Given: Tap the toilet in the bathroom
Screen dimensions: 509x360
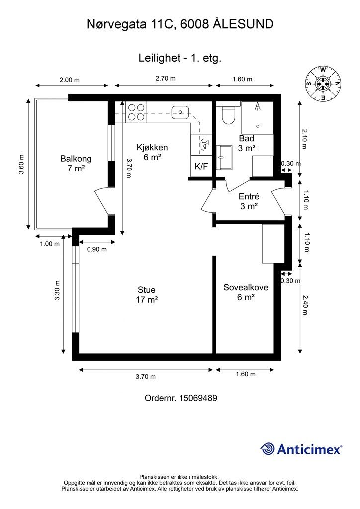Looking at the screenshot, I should [x=229, y=115].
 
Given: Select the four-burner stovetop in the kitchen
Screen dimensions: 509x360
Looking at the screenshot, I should [x=135, y=112].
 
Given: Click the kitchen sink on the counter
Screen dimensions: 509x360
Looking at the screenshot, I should [x=180, y=112].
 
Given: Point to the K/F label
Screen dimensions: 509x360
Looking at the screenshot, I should [x=201, y=167].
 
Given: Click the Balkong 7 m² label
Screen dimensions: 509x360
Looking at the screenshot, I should [x=76, y=164].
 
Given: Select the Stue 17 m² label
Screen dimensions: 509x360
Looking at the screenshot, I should [x=146, y=295].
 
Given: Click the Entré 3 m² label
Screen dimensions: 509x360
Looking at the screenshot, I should [x=248, y=201].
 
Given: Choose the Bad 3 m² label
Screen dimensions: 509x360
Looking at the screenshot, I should [x=247, y=143].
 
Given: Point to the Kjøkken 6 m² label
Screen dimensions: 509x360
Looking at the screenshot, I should [x=152, y=152].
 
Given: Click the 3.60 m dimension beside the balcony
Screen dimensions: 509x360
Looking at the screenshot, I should [x=21, y=164].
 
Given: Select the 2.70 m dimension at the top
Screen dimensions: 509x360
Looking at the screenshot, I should [x=166, y=79].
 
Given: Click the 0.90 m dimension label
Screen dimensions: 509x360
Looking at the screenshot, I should [x=96, y=250].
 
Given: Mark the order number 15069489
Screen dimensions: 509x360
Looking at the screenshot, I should [x=180, y=398].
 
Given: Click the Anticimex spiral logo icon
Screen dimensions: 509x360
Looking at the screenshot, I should [x=268, y=449].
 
